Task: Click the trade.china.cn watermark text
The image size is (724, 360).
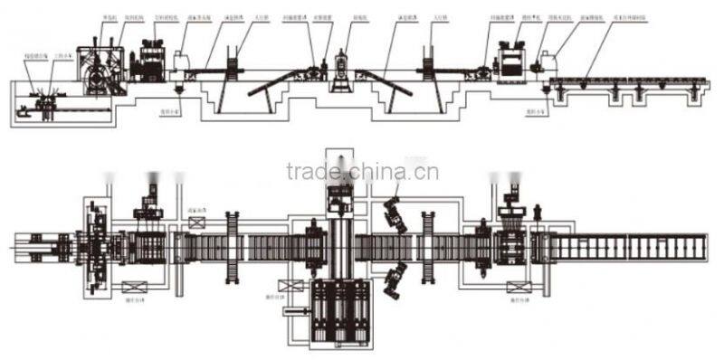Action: [x=363, y=171]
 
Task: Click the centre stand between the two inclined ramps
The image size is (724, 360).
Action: [x=342, y=72]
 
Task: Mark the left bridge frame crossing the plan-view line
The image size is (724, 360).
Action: [x=233, y=244]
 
